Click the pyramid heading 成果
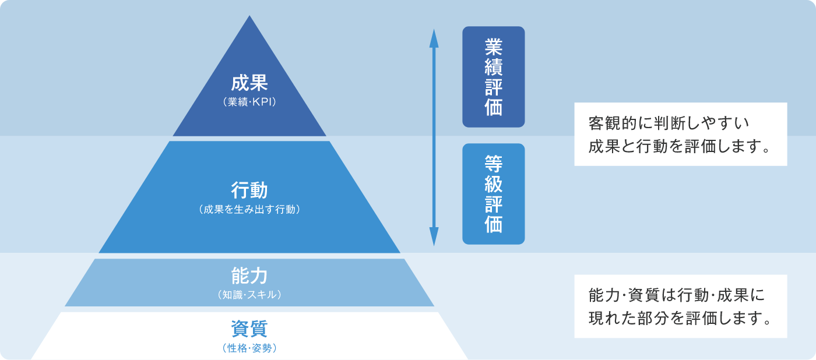tap(249, 83)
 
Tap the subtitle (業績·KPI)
tap(249, 102)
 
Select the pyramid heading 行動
tap(249, 190)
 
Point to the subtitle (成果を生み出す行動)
tap(249, 210)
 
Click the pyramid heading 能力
tap(249, 276)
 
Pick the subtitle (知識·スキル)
tap(249, 295)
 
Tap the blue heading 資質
tap(249, 329)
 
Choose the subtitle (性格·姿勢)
tap(249, 348)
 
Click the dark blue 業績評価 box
tap(494, 77)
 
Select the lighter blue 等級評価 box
tap(494, 194)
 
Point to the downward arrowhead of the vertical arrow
tap(434, 237)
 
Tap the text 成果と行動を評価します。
tap(680, 146)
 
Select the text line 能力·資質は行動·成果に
tap(677, 295)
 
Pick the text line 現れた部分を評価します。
tap(680, 318)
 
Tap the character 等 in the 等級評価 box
tap(494, 164)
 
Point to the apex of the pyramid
tap(249, 16)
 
